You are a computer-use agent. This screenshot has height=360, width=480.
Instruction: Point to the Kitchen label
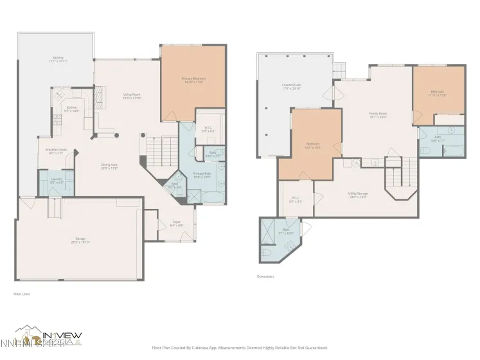coord(72,109)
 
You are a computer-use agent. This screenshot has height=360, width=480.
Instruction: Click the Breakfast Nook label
coord(56,152)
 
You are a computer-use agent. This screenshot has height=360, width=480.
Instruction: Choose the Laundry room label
coord(56,181)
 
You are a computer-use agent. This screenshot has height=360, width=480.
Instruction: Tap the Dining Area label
coord(109,166)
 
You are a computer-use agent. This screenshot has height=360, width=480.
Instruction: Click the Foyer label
coord(176,224)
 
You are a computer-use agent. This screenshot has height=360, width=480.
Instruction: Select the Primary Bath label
coord(202,175)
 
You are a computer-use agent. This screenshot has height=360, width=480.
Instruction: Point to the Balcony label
coord(58,59)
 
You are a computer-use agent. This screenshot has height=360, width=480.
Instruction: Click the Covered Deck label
coord(292,86)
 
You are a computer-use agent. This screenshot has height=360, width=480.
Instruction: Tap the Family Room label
coord(378,115)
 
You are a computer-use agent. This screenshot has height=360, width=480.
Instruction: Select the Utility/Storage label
coord(357,195)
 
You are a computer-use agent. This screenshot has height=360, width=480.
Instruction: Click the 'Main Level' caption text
coord(21,294)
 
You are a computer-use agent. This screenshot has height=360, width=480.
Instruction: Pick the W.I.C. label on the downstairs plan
coord(296,199)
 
